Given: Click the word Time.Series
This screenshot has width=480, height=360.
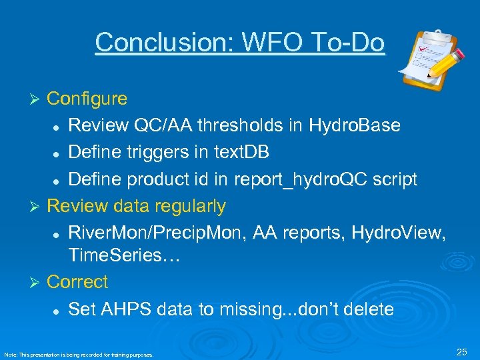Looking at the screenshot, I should (115, 255).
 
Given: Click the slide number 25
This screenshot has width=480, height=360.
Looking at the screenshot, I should (462, 351).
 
